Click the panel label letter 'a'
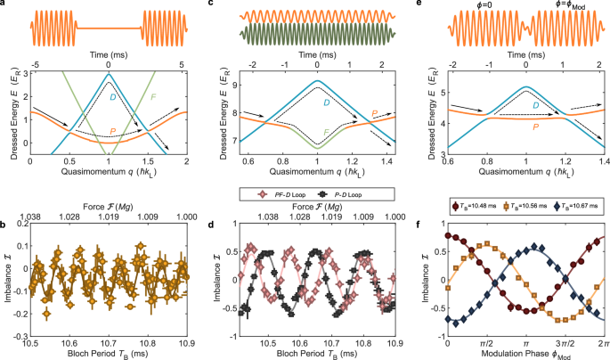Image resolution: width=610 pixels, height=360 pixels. point(4,5)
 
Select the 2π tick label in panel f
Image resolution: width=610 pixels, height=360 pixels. point(603,344)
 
